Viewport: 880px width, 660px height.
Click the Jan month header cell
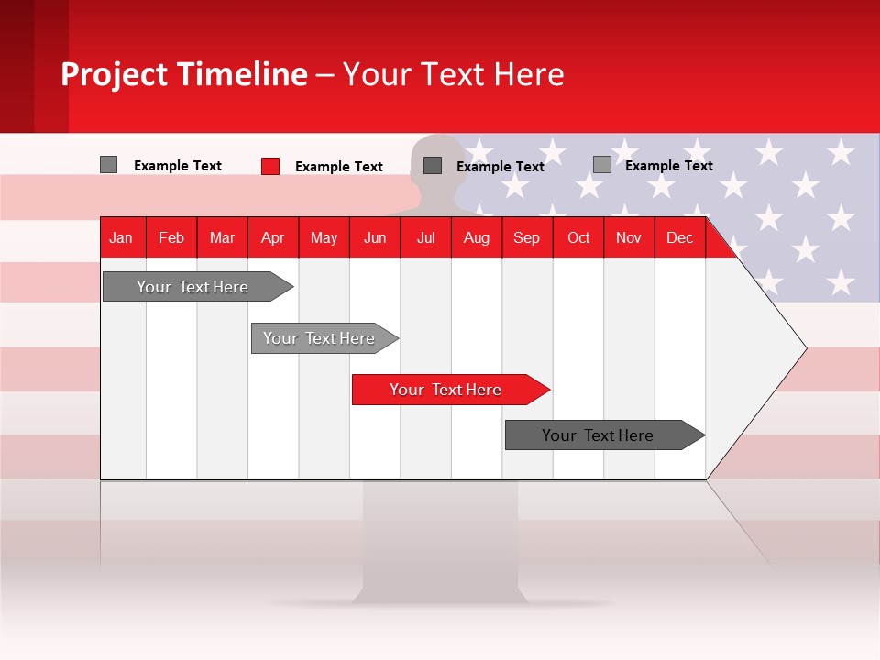point(121,237)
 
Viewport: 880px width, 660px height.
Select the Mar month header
point(222,237)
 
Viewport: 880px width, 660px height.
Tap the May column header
point(324,237)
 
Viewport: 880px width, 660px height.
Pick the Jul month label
point(425,237)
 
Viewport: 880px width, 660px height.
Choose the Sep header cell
point(526,237)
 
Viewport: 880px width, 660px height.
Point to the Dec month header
point(679,237)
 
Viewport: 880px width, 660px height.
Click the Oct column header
point(578,237)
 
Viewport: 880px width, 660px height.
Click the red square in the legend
point(269,166)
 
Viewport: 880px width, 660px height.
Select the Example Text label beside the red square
point(338,166)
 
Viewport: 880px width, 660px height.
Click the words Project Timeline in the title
point(184,74)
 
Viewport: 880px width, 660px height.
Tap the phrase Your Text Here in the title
point(453,74)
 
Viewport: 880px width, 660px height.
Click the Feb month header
point(171,237)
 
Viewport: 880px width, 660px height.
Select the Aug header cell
point(476,237)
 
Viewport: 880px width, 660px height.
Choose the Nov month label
point(628,237)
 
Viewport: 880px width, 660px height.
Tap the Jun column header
point(375,237)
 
